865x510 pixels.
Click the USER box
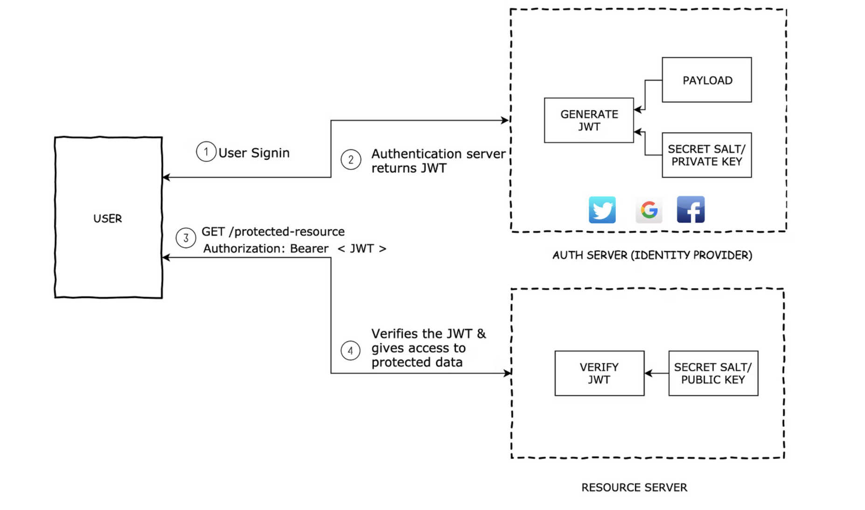(x=108, y=218)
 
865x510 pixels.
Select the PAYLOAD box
(x=707, y=80)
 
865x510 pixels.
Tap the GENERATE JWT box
(x=589, y=120)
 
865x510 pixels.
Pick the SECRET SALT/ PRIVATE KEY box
(x=707, y=155)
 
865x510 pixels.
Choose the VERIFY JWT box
(x=600, y=373)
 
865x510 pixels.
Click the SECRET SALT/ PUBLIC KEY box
(x=713, y=373)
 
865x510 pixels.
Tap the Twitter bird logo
(x=602, y=210)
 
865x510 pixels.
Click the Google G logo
(x=649, y=210)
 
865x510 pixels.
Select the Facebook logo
(x=691, y=209)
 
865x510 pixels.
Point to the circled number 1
(x=206, y=152)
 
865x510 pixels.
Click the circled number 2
(x=351, y=160)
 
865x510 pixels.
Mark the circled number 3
(x=186, y=238)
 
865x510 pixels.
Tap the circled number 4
(x=350, y=351)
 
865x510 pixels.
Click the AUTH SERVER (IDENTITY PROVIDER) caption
(x=652, y=255)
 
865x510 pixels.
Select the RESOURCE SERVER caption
(x=634, y=488)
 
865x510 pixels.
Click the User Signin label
(x=254, y=153)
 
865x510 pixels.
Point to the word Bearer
(x=309, y=248)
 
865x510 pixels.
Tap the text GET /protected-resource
(x=273, y=232)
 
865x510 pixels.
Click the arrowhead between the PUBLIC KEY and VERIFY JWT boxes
(x=648, y=373)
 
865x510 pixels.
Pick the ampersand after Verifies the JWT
(x=481, y=333)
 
